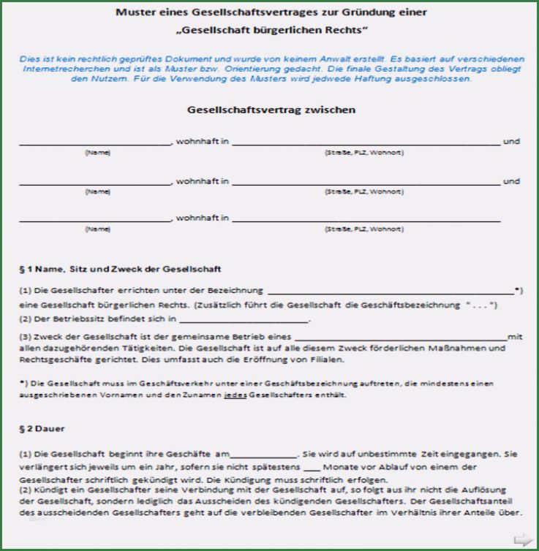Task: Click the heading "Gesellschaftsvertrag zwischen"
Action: [271, 110]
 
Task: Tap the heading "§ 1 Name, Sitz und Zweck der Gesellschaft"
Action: [120, 269]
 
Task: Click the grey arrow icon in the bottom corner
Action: [523, 539]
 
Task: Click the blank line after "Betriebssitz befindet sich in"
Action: [244, 319]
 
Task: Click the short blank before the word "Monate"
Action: [312, 466]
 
